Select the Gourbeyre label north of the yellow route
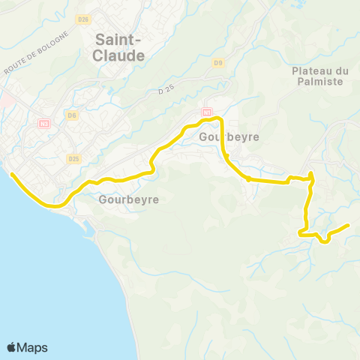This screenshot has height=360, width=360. (219, 137)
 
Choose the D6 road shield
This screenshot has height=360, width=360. (72, 115)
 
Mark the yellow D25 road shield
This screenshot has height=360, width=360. (73, 159)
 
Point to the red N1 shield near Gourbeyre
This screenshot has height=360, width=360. (206, 113)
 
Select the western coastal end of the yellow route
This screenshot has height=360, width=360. (11, 174)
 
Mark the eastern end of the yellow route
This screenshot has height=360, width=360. (349, 225)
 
